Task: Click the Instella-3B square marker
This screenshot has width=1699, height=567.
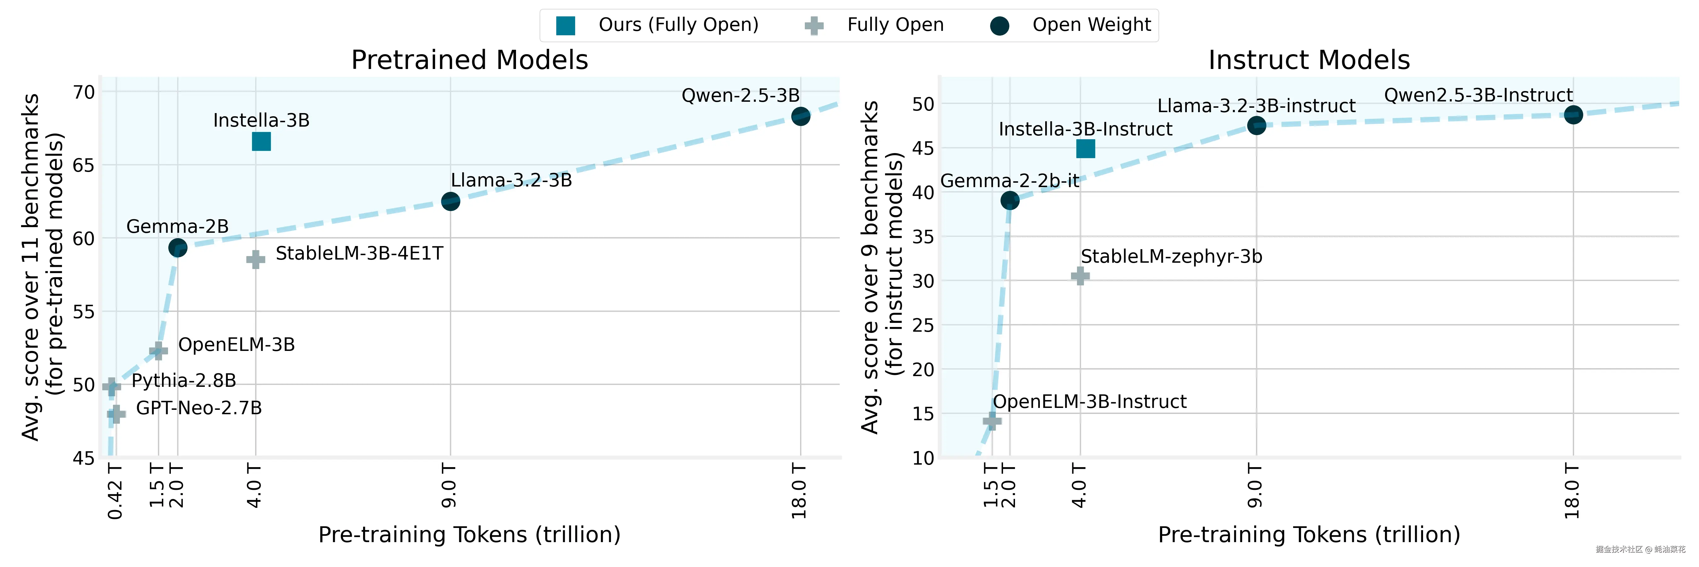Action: (x=261, y=141)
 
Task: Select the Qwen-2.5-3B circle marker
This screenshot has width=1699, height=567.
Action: (x=800, y=116)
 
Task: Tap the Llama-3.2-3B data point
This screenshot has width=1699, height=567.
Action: (x=451, y=201)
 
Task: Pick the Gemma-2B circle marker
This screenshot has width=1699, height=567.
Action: (x=177, y=248)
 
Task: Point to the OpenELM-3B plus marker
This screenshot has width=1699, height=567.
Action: (x=158, y=351)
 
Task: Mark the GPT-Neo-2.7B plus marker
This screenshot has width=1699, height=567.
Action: (x=116, y=414)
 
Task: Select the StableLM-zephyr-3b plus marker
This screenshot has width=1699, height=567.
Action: (x=1080, y=276)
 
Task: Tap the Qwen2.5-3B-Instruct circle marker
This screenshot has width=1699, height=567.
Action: (x=1573, y=115)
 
